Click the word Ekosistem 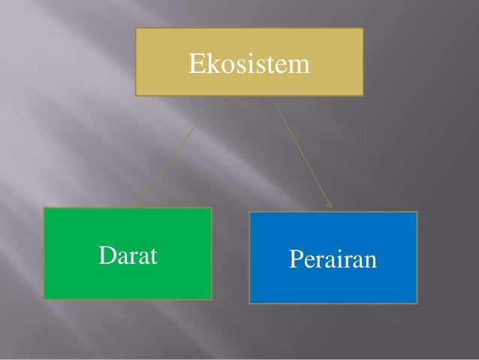click(x=249, y=65)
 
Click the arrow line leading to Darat click(x=173, y=153)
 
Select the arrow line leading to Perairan click(x=303, y=153)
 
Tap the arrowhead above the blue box click(x=330, y=203)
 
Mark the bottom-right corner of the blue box click(x=417, y=303)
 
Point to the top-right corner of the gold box click(x=363, y=29)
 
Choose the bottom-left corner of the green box click(x=44, y=300)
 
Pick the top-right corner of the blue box click(x=417, y=212)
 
